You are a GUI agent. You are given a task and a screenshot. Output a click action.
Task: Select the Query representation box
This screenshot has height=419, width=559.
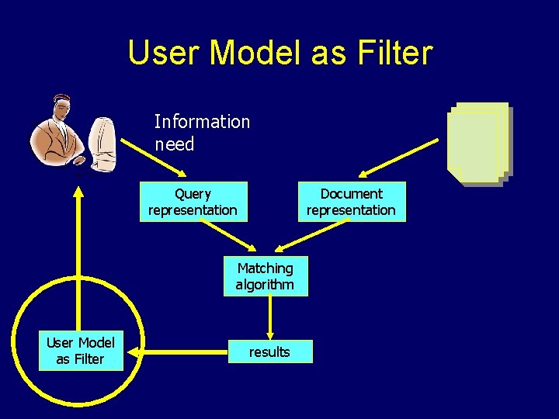[193, 202]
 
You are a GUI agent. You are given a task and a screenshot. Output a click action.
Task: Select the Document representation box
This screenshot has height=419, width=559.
[351, 202]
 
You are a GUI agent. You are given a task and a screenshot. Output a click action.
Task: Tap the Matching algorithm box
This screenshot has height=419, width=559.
[266, 276]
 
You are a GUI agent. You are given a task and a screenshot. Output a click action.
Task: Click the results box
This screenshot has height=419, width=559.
[269, 352]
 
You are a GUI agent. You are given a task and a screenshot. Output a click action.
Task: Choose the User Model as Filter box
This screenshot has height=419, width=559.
[80, 351]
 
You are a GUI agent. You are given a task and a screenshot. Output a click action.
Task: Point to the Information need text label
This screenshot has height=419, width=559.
[201, 133]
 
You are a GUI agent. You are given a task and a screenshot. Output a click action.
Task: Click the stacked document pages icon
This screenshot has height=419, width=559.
[478, 144]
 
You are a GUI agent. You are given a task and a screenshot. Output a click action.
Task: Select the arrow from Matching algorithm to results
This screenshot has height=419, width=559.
[269, 317]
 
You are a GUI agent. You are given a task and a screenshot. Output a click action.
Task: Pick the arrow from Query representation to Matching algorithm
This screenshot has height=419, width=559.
[227, 237]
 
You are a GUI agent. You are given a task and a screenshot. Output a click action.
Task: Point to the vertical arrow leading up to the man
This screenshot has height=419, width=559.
[78, 256]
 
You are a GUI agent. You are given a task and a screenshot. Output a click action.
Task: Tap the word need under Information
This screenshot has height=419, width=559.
[174, 144]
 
